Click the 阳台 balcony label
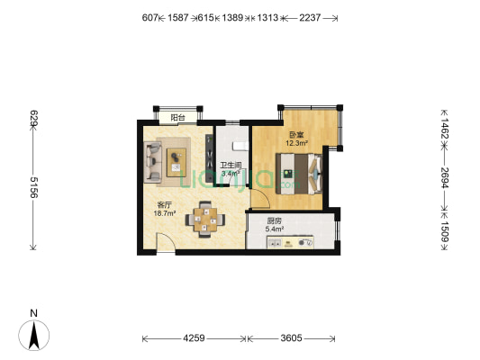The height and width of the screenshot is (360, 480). click(179, 117)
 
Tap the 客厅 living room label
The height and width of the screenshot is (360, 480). click(163, 204)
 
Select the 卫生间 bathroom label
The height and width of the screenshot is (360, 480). click(231, 166)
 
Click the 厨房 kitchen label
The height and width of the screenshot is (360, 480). click(275, 221)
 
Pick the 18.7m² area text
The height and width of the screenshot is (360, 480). click(163, 214)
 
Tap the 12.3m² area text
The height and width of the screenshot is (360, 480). click(296, 143)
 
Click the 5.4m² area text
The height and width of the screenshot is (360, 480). click(275, 229)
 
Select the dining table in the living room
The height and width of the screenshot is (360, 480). click(206, 219)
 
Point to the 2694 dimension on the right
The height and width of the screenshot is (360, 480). click(444, 175)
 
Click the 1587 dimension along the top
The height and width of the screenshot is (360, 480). click(178, 17)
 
